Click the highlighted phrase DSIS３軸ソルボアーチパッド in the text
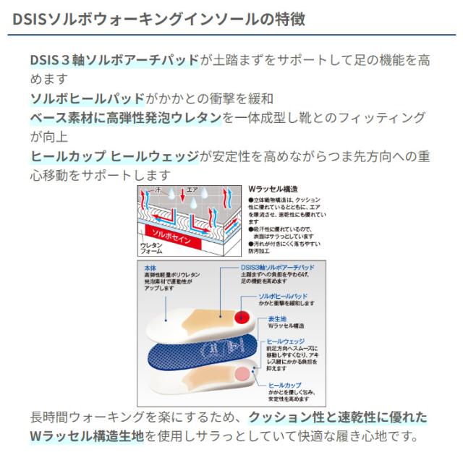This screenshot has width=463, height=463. (114, 60)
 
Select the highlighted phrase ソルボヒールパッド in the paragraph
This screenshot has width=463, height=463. (87, 98)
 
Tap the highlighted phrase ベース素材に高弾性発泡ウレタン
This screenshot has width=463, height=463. (126, 118)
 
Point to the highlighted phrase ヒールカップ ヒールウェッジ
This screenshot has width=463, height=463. (115, 156)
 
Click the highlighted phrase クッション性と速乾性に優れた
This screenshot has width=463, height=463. (338, 417)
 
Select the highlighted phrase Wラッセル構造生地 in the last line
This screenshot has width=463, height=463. (92, 436)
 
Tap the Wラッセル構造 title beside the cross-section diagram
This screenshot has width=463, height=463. (268, 187)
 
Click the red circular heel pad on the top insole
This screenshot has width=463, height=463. (242, 317)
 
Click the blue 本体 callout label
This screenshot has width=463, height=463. (151, 268)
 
